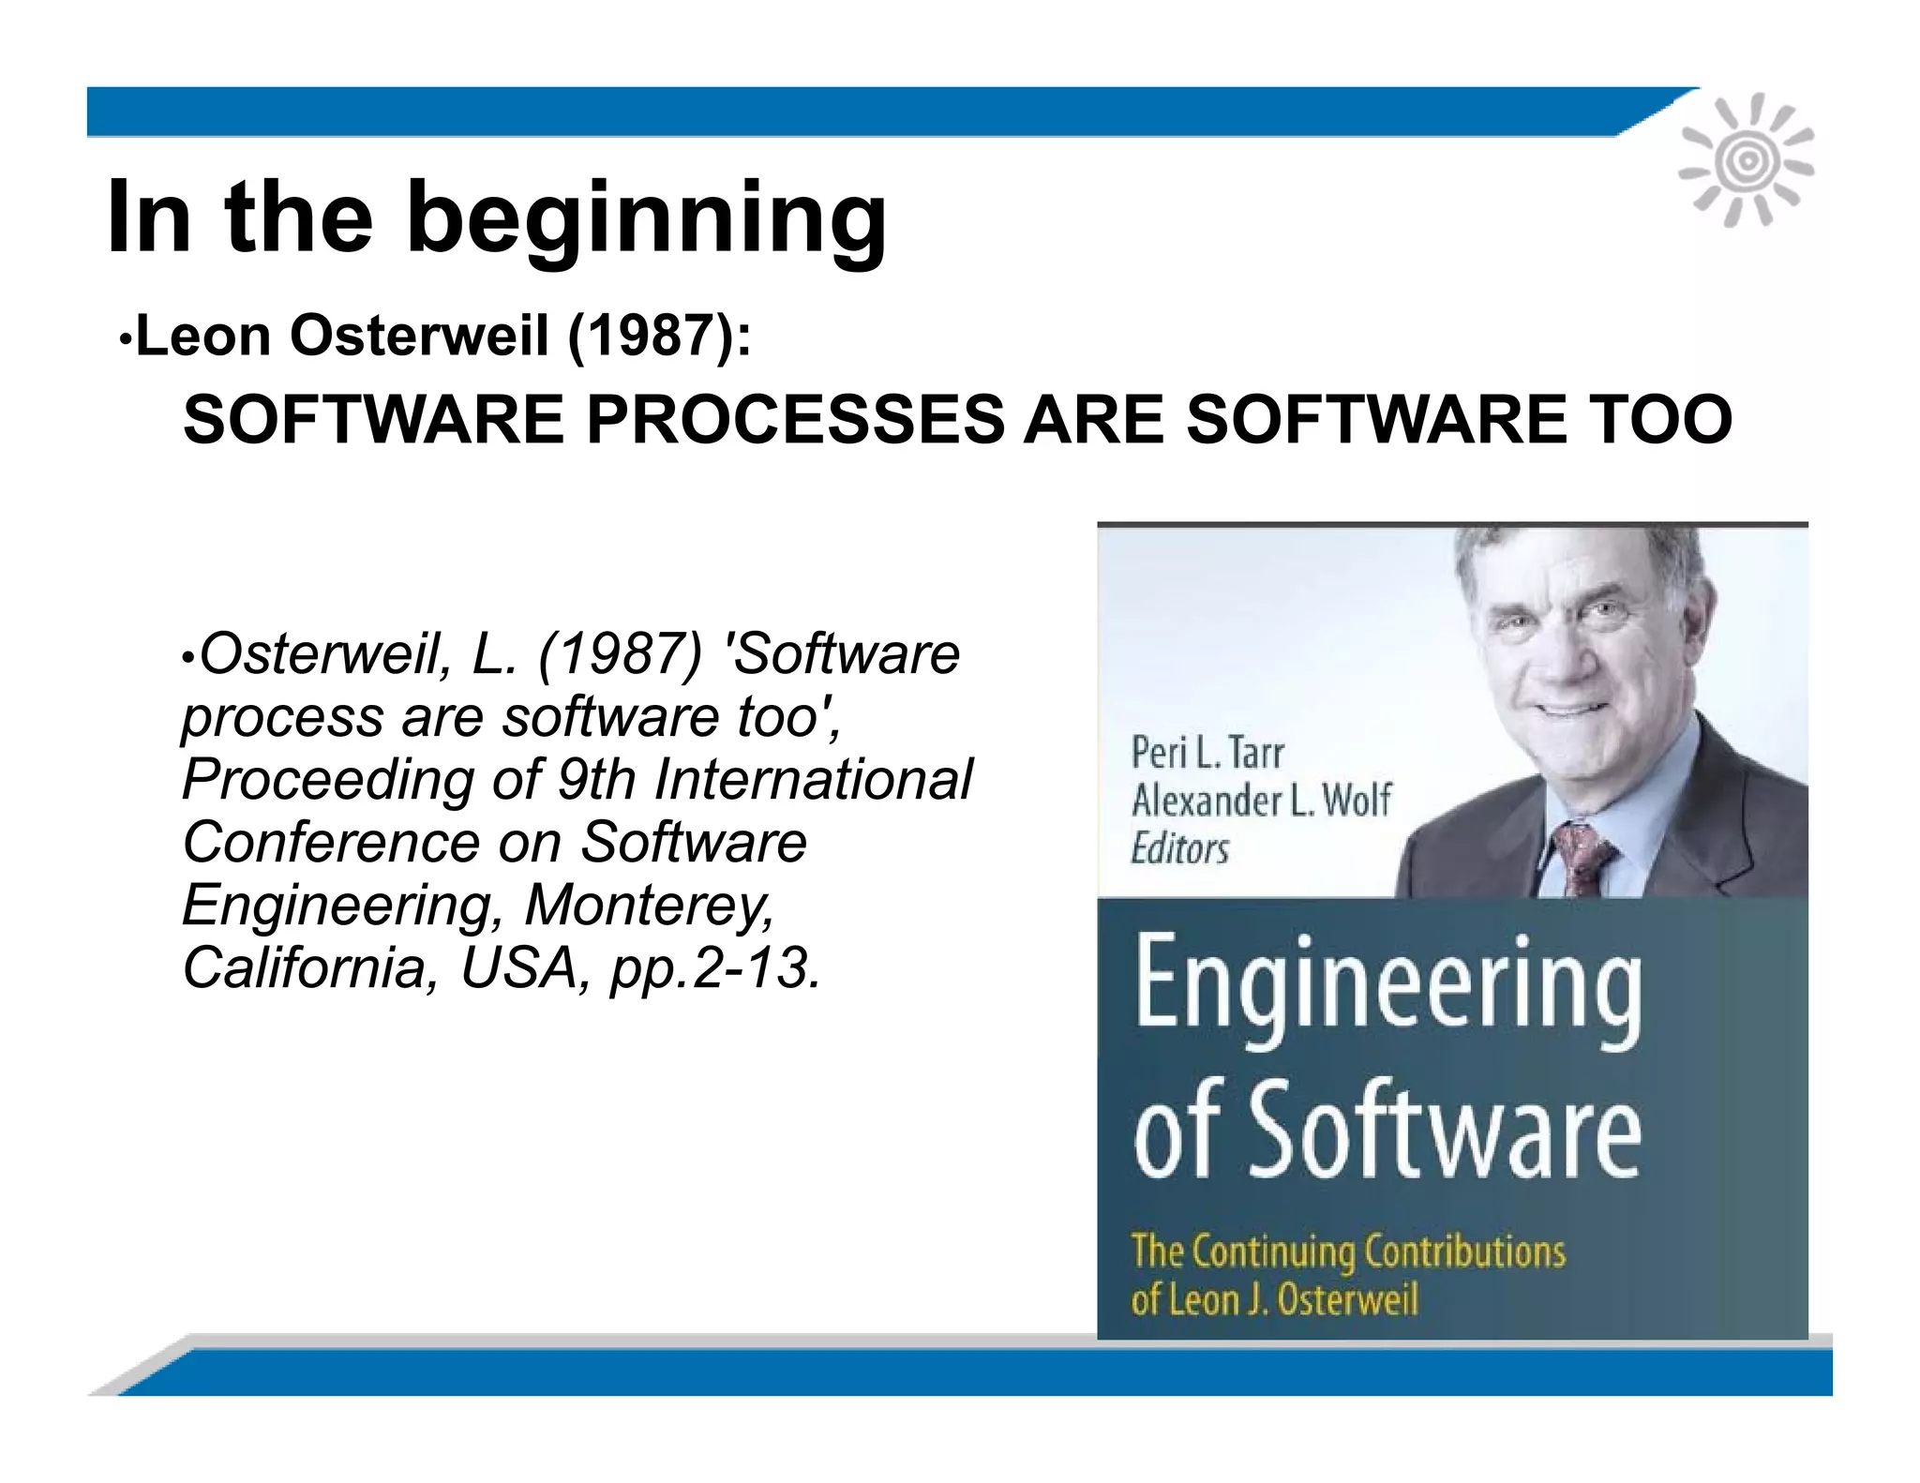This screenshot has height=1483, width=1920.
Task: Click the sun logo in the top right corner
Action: coord(1746,161)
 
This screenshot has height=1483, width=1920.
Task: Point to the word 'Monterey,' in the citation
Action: coord(649,906)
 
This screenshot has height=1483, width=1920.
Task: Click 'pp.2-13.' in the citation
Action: coord(716,967)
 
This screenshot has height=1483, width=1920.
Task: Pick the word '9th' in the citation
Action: coord(596,779)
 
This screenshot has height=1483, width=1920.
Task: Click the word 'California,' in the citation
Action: coord(310,967)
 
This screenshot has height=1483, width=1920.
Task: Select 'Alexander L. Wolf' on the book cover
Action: coord(1261,801)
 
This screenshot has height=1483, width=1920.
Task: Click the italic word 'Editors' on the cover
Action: coord(1179,849)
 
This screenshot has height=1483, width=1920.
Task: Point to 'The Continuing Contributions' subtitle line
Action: coord(1347,1251)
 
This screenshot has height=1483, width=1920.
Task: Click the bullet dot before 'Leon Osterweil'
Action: coord(125,339)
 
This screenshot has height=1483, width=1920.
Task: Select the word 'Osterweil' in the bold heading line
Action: coord(418,336)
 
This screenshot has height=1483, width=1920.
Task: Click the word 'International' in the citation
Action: coord(813,779)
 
